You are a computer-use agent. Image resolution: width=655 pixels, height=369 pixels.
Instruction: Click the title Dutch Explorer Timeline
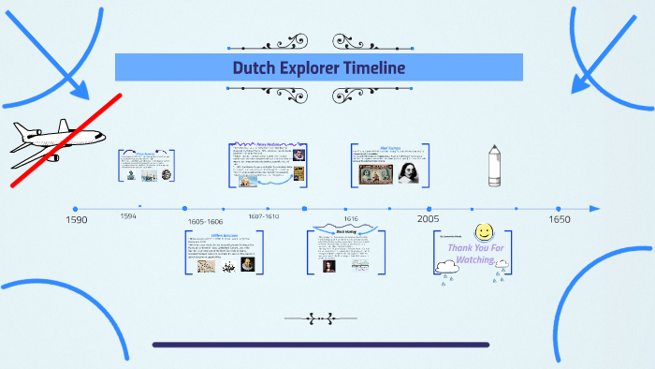pos(319,67)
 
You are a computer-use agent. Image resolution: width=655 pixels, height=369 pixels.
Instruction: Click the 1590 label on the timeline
pos(76,219)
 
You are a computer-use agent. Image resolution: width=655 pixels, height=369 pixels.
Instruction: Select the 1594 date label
pos(128,215)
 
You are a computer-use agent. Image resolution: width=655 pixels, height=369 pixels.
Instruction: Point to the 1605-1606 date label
pos(205,222)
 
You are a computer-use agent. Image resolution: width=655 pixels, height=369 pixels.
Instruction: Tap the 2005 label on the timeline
pos(429,218)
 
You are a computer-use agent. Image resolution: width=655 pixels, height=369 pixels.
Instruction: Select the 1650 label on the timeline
pos(560,219)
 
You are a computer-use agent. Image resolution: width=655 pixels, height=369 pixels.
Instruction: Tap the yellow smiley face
pos(484,231)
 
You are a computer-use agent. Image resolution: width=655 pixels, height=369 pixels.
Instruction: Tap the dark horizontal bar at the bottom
pos(320,345)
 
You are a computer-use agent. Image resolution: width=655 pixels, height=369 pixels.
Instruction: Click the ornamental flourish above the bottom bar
pos(320,318)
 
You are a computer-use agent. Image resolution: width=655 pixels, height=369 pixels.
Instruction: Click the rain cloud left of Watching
pos(447,268)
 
